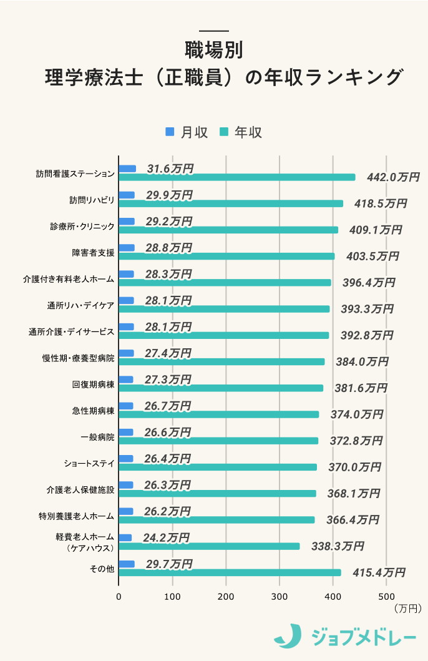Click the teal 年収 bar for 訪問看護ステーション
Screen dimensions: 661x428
click(237, 177)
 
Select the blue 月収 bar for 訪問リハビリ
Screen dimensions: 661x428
click(127, 195)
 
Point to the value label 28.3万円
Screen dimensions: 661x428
click(168, 274)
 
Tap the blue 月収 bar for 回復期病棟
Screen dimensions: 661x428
click(126, 379)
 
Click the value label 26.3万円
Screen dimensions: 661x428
click(167, 484)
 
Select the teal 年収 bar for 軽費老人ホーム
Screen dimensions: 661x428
click(210, 546)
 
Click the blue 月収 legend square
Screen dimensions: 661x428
click(170, 132)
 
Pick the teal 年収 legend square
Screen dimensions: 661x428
click(224, 132)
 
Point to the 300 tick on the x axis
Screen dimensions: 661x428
click(280, 595)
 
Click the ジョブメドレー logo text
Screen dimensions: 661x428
click(364, 637)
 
